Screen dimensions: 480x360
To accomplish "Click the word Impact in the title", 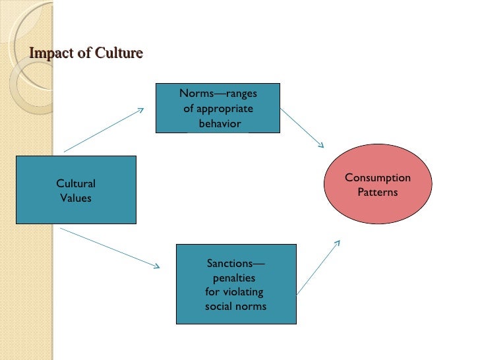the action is (51, 53).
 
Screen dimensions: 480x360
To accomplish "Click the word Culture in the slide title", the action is (119, 53).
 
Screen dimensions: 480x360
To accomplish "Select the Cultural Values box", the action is (76, 190).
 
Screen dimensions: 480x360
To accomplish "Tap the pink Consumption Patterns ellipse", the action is (378, 185).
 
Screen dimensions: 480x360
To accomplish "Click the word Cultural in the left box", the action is (76, 184).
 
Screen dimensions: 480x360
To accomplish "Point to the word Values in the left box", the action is (76, 197).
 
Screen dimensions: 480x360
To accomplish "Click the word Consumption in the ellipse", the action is (378, 178).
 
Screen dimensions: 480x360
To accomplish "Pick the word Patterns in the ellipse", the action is (378, 193).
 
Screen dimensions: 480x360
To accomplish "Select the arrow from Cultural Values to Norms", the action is (104, 130).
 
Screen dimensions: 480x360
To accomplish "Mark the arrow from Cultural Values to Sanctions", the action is (109, 248).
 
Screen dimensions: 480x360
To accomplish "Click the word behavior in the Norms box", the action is (220, 123).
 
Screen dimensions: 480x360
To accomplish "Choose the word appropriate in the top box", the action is (221, 109).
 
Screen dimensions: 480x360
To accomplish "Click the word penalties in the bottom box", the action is (234, 278).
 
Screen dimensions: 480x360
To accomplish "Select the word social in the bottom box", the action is (218, 307).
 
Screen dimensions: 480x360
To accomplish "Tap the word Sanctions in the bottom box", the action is (230, 264).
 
